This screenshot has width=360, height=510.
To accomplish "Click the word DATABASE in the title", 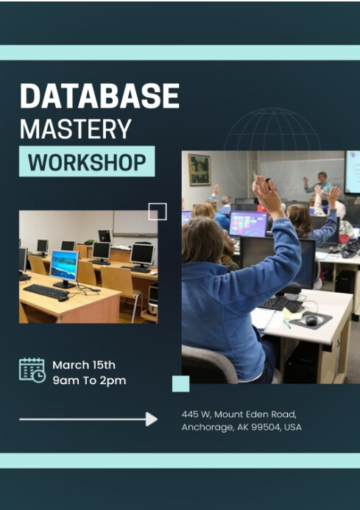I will tap(99, 97).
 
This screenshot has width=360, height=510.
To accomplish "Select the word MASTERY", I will tap(75, 130).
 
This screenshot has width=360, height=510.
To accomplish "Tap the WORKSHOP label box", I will tap(87, 162).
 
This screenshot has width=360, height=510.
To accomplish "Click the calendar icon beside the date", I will tap(32, 370).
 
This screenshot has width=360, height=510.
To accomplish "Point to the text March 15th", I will tap(84, 365).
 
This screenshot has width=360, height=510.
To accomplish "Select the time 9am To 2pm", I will tap(89, 380).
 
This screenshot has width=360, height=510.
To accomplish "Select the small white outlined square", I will tap(158, 212).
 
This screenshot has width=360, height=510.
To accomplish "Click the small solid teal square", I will tap(180, 383).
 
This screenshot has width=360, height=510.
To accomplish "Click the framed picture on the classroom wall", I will tap(199, 169).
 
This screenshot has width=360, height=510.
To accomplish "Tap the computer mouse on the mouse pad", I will tap(310, 319).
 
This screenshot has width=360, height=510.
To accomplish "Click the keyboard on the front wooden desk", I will tap(46, 291).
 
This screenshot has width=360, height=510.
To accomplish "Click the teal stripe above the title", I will tap(180, 52).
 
